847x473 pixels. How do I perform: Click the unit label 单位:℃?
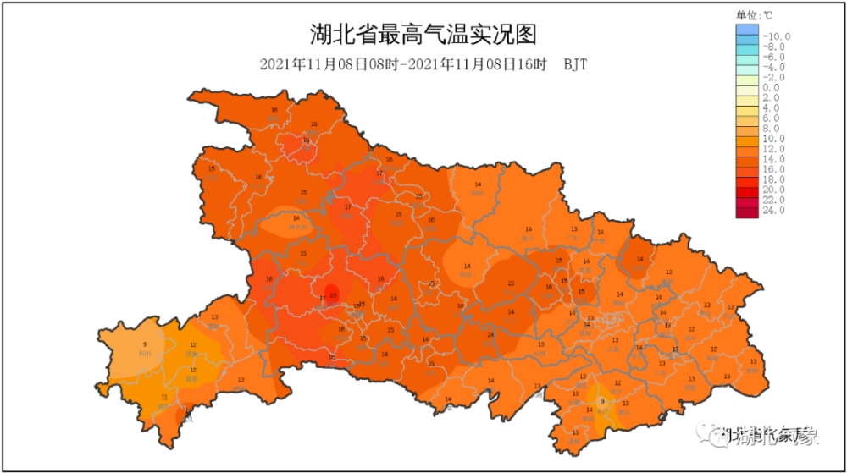click(x=754, y=14)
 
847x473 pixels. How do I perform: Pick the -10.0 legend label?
click(x=776, y=36)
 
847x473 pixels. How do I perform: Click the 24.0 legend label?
click(x=774, y=210)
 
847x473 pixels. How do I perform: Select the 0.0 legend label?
click(x=771, y=87)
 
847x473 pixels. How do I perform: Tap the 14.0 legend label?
click(x=774, y=159)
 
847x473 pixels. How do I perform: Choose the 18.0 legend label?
click(x=774, y=179)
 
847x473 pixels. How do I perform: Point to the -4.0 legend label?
click(x=774, y=67)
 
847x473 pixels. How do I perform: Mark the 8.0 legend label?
click(x=771, y=128)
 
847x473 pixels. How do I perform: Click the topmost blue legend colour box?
click(x=746, y=31)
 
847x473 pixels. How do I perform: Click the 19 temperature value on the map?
click(x=333, y=295)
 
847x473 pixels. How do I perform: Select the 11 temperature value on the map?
click(x=163, y=397)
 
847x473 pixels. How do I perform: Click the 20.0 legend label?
click(x=774, y=190)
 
